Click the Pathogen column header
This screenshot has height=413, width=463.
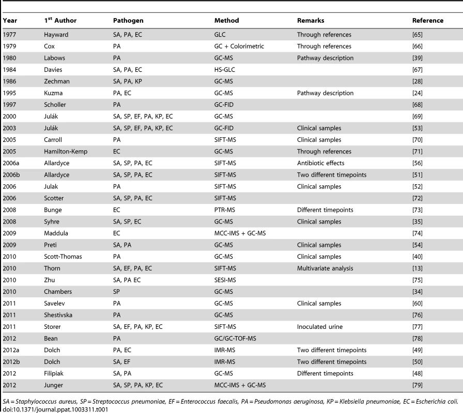(128, 21)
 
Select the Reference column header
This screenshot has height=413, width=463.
(428, 21)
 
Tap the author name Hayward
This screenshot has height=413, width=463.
(56, 35)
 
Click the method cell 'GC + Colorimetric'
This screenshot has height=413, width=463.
(239, 46)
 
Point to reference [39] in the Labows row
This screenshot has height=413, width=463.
(417, 58)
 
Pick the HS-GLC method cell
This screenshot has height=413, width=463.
(225, 70)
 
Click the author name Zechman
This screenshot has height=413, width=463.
(57, 82)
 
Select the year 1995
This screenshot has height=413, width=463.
(9, 93)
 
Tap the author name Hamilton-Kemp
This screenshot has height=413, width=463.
(66, 152)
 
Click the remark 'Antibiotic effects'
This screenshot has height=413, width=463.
(321, 163)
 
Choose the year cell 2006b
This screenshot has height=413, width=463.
(11, 175)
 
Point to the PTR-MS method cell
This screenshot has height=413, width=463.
(225, 210)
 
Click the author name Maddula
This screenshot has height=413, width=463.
(56, 233)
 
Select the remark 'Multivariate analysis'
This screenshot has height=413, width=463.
(325, 268)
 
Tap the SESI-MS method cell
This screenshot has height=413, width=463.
(225, 280)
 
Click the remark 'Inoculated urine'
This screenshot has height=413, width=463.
(320, 327)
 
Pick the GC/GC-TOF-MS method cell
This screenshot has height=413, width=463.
(235, 338)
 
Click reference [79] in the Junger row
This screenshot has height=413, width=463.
(417, 385)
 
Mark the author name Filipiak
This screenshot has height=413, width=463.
(53, 373)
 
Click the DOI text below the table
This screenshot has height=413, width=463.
(55, 409)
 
